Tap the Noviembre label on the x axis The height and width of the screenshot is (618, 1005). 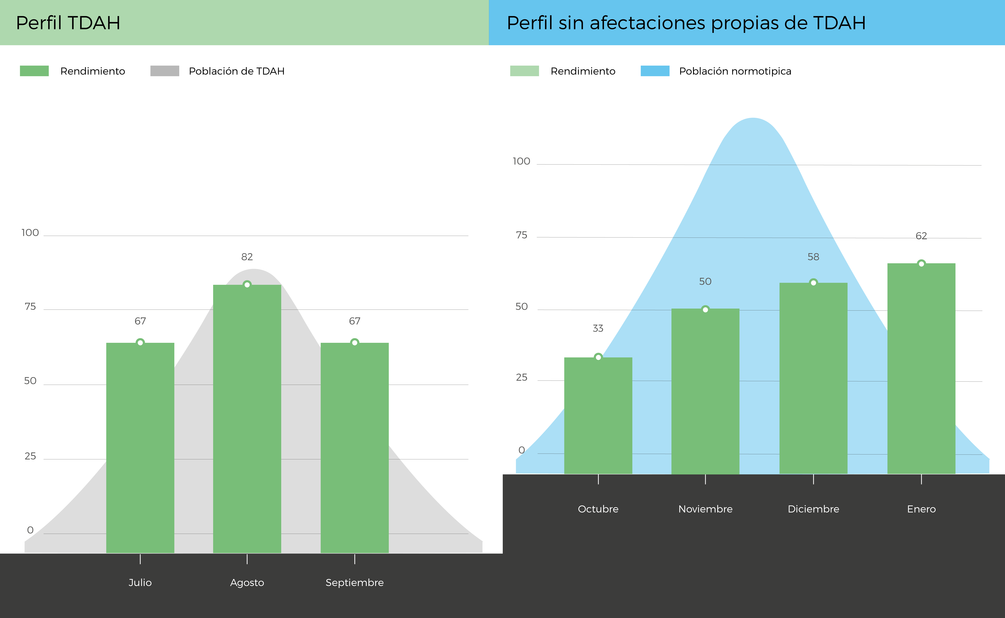(705, 509)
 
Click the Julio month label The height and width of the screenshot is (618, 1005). (140, 583)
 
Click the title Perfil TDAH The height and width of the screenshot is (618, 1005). (68, 23)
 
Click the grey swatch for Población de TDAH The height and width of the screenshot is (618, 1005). (165, 71)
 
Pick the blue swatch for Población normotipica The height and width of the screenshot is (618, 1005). (655, 71)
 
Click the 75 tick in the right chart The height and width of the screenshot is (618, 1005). (522, 235)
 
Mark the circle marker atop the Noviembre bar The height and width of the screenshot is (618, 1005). (705, 309)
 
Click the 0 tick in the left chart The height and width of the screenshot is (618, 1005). (30, 530)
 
